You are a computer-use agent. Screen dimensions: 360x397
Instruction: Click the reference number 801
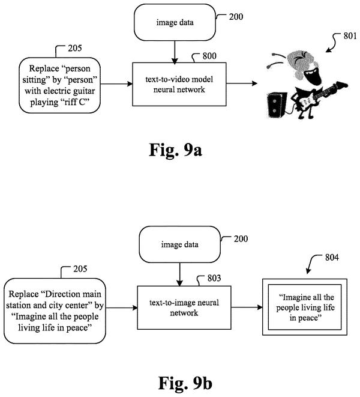tap(350, 36)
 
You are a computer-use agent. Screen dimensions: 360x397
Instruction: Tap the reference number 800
tap(209, 56)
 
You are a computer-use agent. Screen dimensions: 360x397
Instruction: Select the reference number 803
tap(214, 278)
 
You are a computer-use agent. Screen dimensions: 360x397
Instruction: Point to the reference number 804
tap(332, 258)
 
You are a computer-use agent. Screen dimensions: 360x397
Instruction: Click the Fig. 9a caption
tap(175, 150)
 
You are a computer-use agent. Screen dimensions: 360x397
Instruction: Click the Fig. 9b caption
tap(185, 383)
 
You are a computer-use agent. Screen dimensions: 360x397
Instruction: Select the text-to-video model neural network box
tap(179, 84)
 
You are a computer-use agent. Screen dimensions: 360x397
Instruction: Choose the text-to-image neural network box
tap(184, 308)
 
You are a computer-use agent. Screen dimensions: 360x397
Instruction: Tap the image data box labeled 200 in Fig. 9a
tap(175, 22)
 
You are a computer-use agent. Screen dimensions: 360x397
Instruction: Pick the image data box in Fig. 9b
tap(179, 244)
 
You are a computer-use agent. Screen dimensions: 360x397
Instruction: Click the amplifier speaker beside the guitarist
tap(277, 105)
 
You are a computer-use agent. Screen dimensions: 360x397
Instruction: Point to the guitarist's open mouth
tap(314, 76)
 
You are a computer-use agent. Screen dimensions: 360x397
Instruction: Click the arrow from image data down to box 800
tap(175, 52)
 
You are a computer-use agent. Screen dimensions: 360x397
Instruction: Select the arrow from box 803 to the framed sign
tap(247, 308)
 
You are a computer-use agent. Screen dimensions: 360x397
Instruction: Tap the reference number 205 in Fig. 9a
tap(75, 48)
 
